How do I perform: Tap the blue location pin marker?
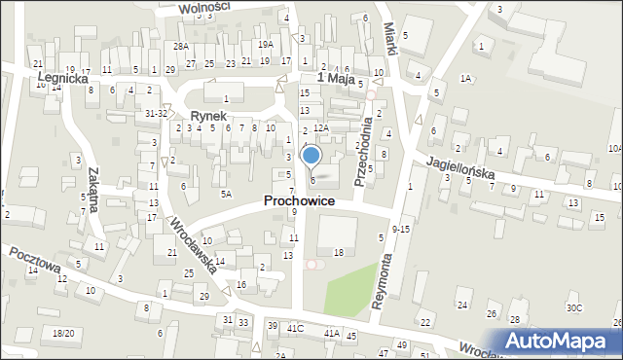tap(311, 156)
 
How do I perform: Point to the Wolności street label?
tap(205, 8)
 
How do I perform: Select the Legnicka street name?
tap(63, 76)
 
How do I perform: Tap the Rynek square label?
tap(209, 115)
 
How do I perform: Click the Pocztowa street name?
tap(36, 264)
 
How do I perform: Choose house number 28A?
tap(181, 47)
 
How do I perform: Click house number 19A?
tap(265, 45)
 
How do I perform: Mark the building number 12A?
tap(321, 127)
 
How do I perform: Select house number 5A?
tap(226, 194)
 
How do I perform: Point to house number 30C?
tap(574, 308)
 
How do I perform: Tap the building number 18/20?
tap(63, 333)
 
